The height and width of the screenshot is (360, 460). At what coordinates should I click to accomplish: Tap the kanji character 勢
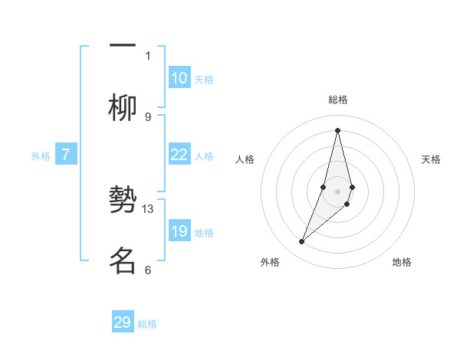pyautogui.click(x=123, y=201)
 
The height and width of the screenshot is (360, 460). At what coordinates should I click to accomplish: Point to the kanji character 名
pyautogui.click(x=123, y=260)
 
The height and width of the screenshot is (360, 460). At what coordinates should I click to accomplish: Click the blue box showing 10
pyautogui.click(x=179, y=78)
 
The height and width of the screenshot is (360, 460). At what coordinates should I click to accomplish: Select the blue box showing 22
pyautogui.click(x=179, y=155)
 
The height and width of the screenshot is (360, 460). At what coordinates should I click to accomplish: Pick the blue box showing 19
pyautogui.click(x=179, y=231)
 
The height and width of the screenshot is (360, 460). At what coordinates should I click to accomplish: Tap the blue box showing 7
pyautogui.click(x=66, y=155)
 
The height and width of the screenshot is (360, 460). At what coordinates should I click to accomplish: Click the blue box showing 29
pyautogui.click(x=123, y=322)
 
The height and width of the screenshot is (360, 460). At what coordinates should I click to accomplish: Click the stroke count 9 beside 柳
pyautogui.click(x=148, y=116)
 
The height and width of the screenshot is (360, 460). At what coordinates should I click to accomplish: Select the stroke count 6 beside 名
pyautogui.click(x=148, y=270)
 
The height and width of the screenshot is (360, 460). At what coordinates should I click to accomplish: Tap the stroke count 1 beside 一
pyautogui.click(x=148, y=55)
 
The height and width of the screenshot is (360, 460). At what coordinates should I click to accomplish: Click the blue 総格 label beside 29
pyautogui.click(x=147, y=324)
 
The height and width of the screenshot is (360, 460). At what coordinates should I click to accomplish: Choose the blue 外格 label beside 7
pyautogui.click(x=41, y=156)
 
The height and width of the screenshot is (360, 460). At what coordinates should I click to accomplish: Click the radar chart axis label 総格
pyautogui.click(x=337, y=100)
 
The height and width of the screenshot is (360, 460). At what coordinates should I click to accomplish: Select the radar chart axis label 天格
pyautogui.click(x=431, y=159)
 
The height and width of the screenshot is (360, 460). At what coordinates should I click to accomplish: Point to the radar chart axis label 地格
pyautogui.click(x=402, y=262)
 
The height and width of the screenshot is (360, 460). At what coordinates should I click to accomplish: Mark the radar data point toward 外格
pyautogui.click(x=301, y=242)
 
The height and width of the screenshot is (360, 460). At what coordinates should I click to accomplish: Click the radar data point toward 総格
pyautogui.click(x=337, y=129)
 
